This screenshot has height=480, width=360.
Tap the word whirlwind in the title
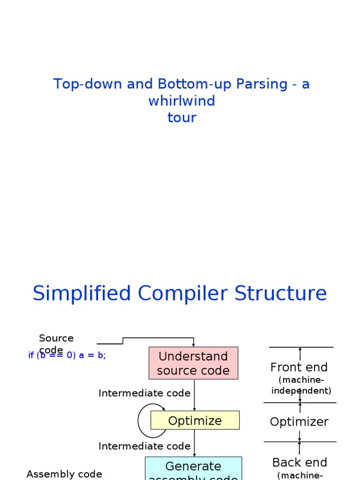[182, 101]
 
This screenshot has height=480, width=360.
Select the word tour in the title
[182, 117]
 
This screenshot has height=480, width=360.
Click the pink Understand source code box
[193, 363]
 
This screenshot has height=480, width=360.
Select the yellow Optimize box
[195, 420]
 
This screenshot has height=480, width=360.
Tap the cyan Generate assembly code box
[193, 468]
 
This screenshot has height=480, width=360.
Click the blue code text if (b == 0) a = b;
[67, 355]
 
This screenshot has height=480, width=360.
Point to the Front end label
[299, 367]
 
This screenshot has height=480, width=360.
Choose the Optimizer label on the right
[299, 422]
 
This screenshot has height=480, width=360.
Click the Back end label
[300, 463]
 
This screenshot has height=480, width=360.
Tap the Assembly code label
[64, 474]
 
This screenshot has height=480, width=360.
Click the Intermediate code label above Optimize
[144, 393]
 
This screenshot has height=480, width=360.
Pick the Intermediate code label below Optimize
[144, 446]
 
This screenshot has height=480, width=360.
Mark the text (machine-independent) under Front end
[301, 385]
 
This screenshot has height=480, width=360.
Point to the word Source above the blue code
[56, 338]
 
